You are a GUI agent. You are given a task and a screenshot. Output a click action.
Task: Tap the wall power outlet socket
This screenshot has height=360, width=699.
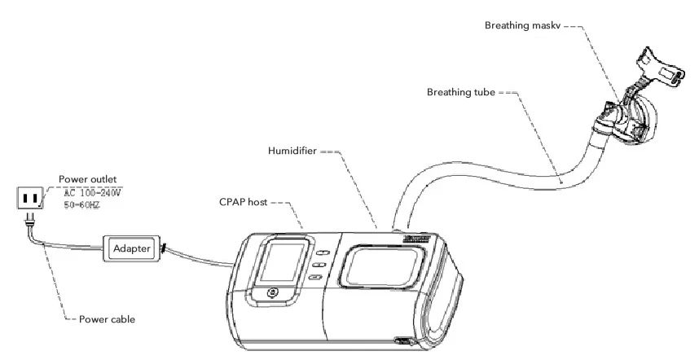pos(30,198)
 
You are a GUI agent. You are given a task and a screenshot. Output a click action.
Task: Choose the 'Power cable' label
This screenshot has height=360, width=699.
pos(108,319)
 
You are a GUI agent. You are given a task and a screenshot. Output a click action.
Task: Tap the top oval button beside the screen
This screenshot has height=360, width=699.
pos(320,252)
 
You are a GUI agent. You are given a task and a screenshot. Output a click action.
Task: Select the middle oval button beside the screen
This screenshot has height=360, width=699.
pos(319,266)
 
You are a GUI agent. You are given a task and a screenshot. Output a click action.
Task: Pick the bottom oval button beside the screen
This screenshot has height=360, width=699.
pos(316,279)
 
